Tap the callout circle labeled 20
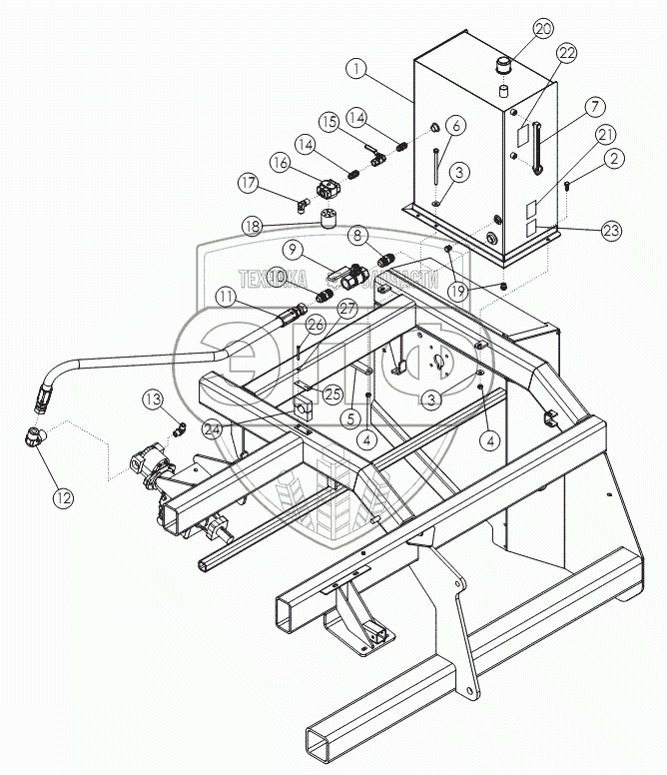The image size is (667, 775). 542,28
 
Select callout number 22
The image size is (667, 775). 566,53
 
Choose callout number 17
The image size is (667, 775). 248,182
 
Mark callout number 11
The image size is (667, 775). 230,297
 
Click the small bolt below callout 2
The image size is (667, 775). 567,185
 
